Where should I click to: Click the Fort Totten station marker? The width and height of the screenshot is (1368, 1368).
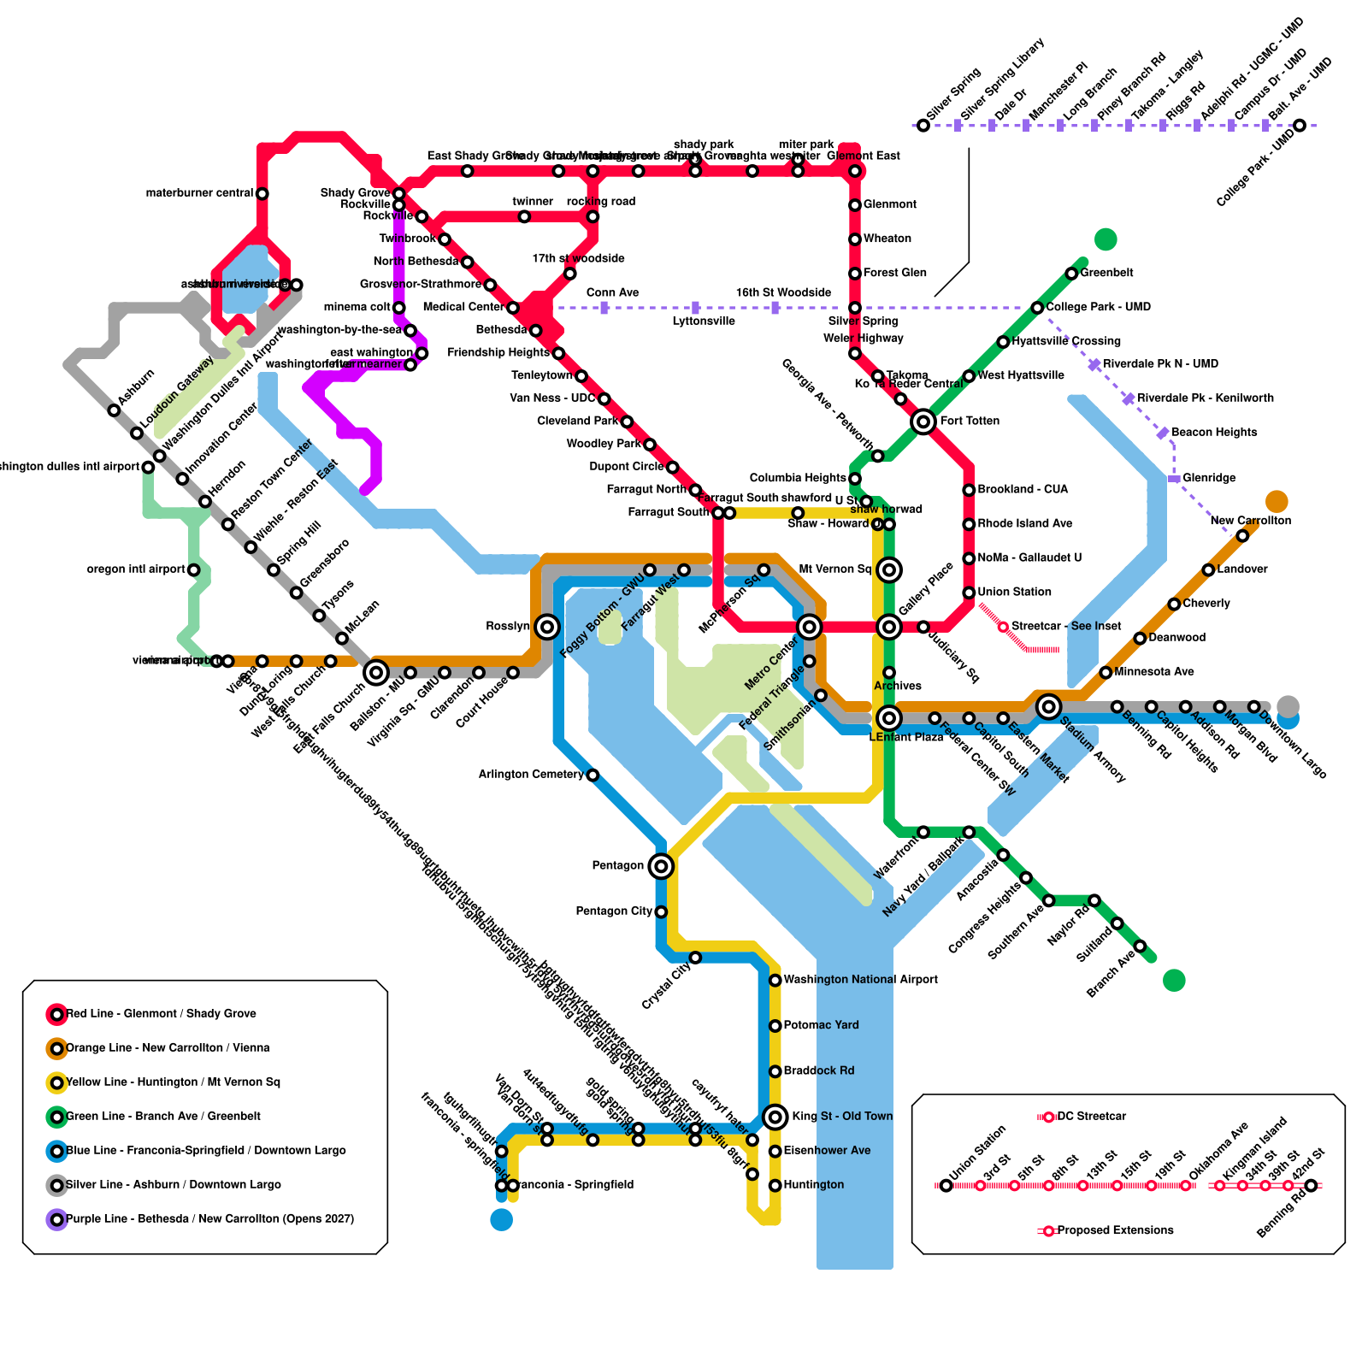[923, 422]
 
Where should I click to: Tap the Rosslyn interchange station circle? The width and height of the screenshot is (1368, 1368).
[547, 627]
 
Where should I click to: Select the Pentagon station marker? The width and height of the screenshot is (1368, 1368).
[660, 866]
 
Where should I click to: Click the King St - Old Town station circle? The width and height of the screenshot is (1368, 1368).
[775, 1116]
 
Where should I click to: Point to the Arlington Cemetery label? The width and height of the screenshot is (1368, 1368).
[531, 775]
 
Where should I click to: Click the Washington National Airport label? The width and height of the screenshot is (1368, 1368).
[860, 980]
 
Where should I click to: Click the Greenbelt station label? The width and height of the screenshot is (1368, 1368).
[1106, 273]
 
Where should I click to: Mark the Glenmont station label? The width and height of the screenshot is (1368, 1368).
[889, 204]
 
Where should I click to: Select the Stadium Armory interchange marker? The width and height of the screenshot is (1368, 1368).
[1048, 706]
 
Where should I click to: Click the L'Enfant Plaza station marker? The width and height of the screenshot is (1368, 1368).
[889, 717]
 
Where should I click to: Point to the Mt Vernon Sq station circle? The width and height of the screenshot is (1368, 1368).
[889, 569]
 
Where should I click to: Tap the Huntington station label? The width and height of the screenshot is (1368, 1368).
[813, 1185]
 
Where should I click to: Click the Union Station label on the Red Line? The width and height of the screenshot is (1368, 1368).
[1014, 592]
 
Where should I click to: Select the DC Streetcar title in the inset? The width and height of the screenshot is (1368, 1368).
[1092, 1117]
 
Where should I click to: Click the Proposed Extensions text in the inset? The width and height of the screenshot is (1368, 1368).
[1115, 1230]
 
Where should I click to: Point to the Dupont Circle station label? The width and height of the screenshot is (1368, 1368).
[626, 467]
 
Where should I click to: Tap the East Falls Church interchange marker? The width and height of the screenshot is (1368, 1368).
[376, 673]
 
